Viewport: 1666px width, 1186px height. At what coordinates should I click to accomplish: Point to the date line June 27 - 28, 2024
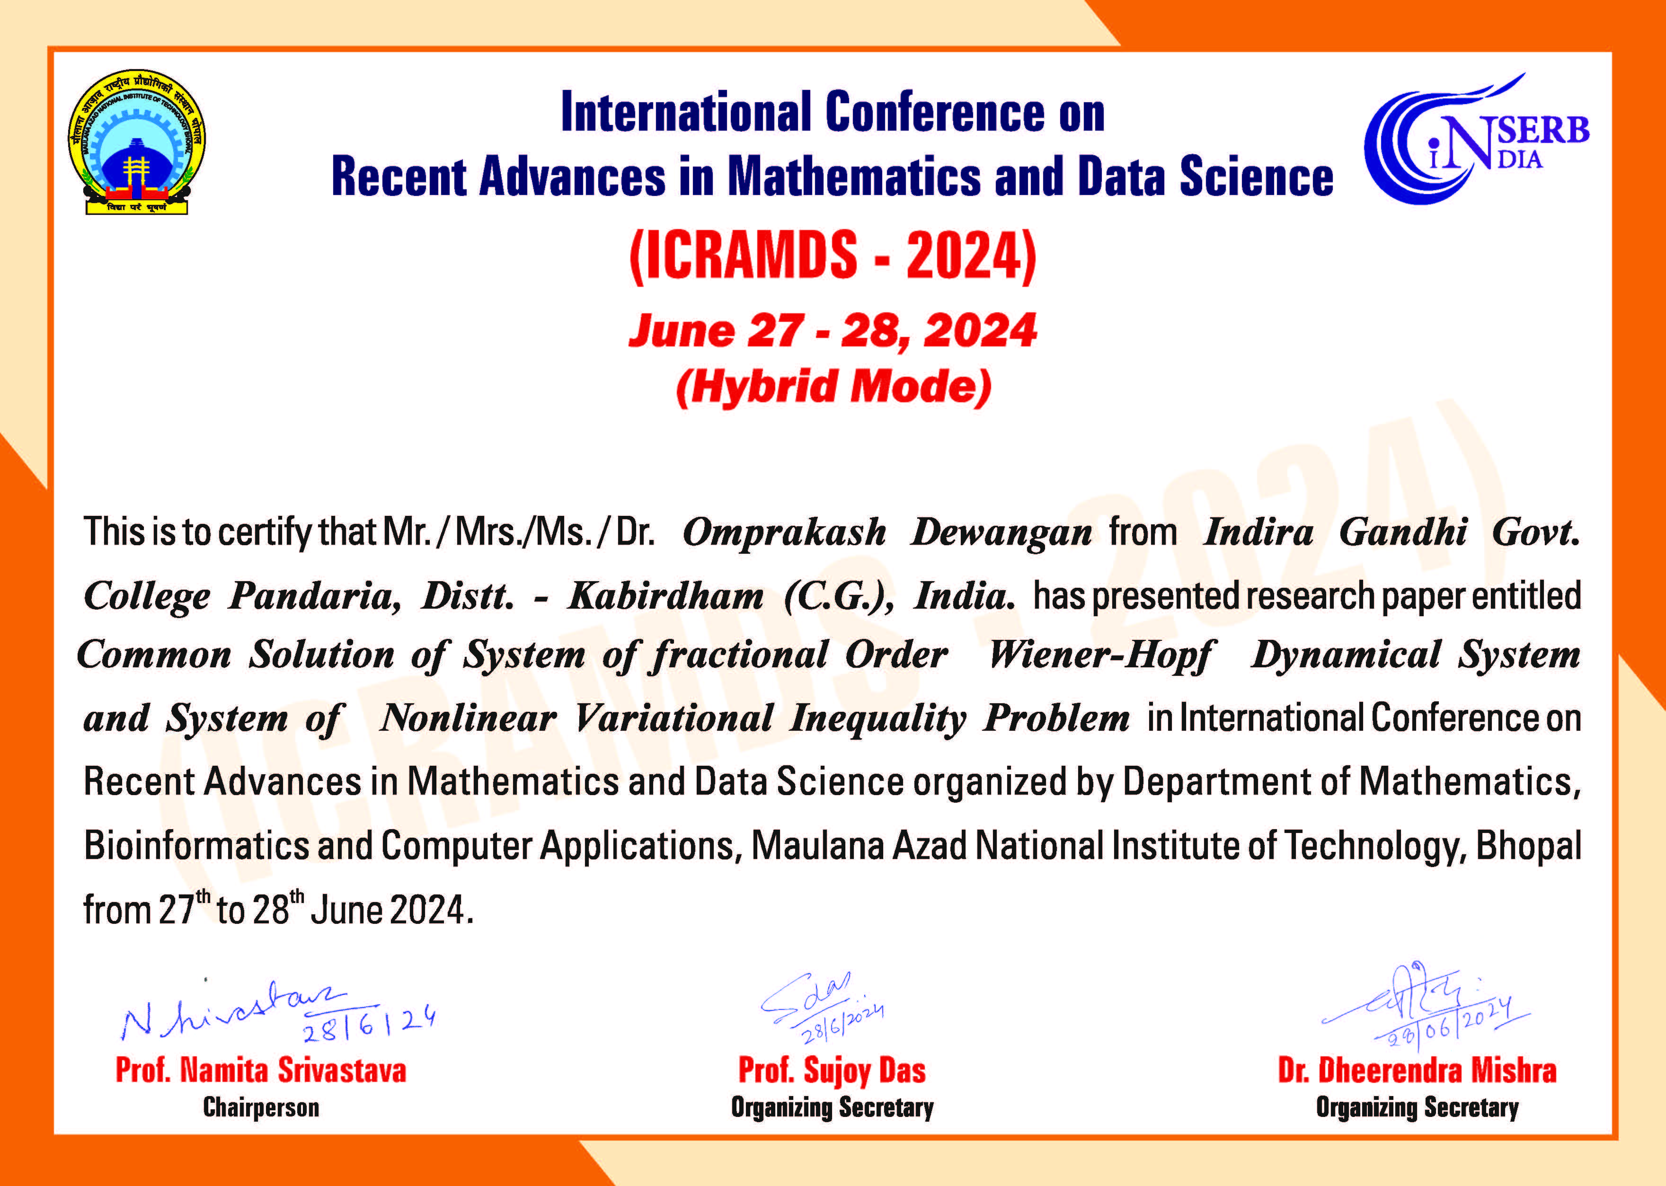click(x=833, y=330)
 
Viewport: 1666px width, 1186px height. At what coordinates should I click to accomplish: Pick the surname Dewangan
click(x=1001, y=532)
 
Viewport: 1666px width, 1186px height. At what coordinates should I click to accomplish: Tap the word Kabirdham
click(x=666, y=595)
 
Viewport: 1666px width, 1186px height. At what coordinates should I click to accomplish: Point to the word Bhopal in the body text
click(x=1529, y=846)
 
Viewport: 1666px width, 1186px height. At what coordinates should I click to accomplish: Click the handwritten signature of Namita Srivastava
click(x=277, y=1011)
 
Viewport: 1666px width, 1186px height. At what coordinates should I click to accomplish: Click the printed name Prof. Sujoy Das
click(x=832, y=1071)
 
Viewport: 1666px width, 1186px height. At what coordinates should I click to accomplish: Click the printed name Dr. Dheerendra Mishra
click(x=1417, y=1071)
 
